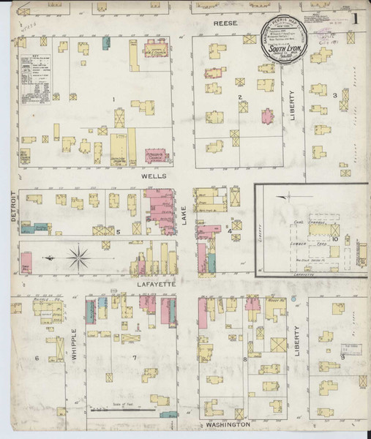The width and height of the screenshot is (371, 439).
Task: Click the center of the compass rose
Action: pos(79,257)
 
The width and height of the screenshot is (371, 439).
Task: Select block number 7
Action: pos(134,358)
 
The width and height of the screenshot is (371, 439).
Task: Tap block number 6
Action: pos(36,358)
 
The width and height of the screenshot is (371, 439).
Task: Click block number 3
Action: pos(334,95)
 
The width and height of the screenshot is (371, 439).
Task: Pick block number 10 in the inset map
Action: pos(334,239)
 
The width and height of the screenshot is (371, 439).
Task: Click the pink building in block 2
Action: pos(267,115)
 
